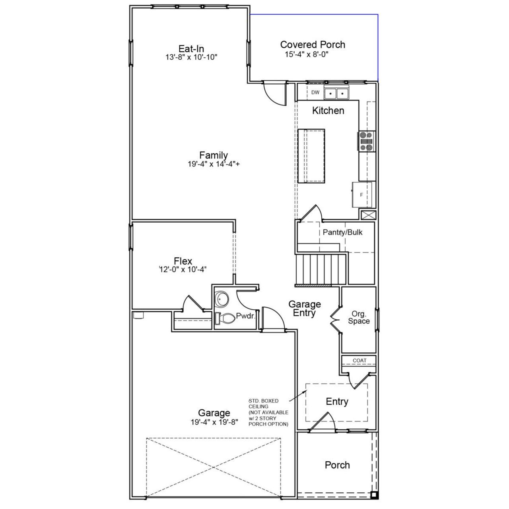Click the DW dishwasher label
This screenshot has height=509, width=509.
315,93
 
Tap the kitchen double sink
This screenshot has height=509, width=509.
336,93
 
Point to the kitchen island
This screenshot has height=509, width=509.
311,156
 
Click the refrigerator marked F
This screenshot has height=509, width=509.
362,195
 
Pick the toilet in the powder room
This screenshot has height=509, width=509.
225,319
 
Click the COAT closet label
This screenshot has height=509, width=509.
359,361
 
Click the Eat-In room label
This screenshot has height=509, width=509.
191,49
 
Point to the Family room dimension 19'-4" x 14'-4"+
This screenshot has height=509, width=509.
214,164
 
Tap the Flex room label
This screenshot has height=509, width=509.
183,261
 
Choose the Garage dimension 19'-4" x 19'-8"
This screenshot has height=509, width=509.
214,422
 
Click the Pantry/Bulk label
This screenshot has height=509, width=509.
342,232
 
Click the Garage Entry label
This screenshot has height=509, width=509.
305,309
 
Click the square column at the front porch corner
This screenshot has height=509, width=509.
373,495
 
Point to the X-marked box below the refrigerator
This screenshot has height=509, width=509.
368,215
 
